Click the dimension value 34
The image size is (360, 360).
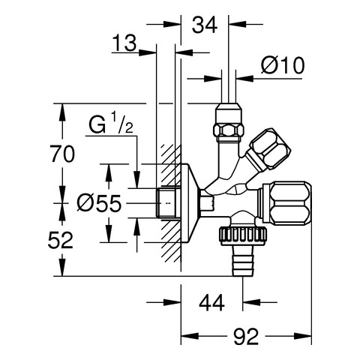[x=205, y=25]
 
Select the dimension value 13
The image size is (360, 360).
[x=124, y=43]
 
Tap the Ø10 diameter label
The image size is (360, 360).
[x=283, y=66]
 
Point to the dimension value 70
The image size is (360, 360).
[x=63, y=154]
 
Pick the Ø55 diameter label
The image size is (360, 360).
[x=99, y=203]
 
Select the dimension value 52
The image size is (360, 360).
[x=61, y=240]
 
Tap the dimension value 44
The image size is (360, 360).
[x=211, y=302]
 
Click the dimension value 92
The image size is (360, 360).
[x=246, y=337]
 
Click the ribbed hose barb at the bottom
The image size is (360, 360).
[x=244, y=262]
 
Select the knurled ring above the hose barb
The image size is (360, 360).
[x=243, y=235]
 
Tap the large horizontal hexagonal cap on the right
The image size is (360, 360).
[x=286, y=202]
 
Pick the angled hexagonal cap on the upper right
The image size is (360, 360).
[x=268, y=149]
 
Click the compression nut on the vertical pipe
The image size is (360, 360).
[x=228, y=122]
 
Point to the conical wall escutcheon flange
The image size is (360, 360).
[x=190, y=203]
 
